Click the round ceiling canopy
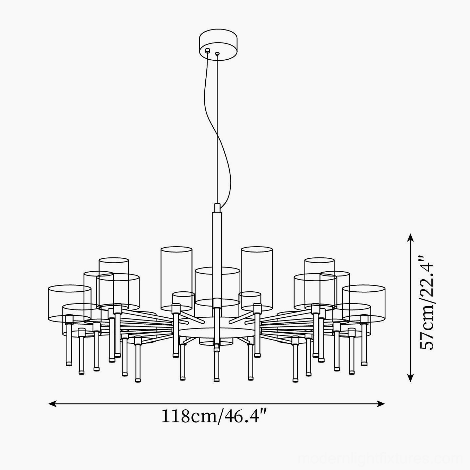click(x=218, y=45)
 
